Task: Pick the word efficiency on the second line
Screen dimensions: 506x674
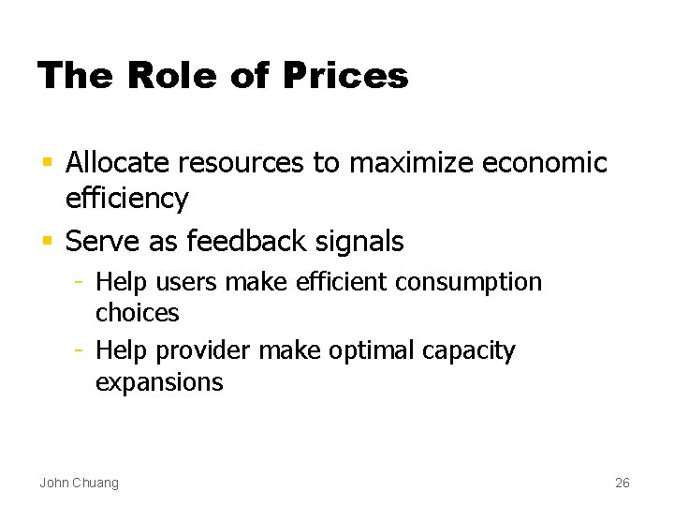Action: (x=127, y=200)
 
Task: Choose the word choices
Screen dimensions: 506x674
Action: (x=137, y=312)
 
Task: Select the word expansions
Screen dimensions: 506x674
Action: (x=159, y=382)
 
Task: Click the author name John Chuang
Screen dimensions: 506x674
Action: (x=79, y=483)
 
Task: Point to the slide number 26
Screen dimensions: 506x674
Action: (x=623, y=483)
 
